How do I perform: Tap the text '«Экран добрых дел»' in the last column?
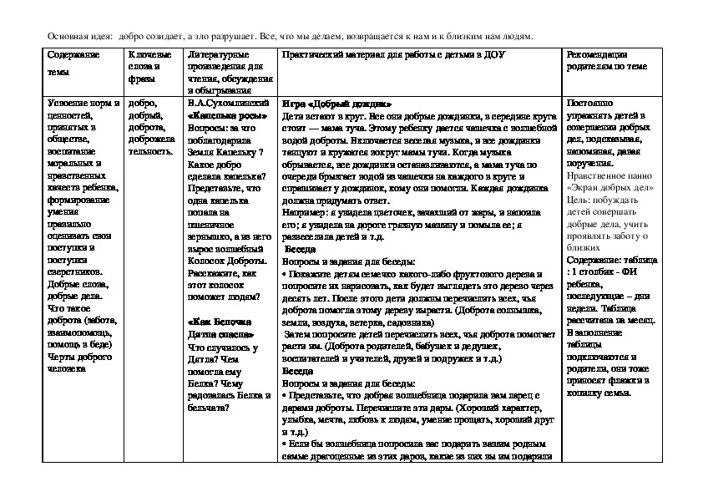tap(600, 188)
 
